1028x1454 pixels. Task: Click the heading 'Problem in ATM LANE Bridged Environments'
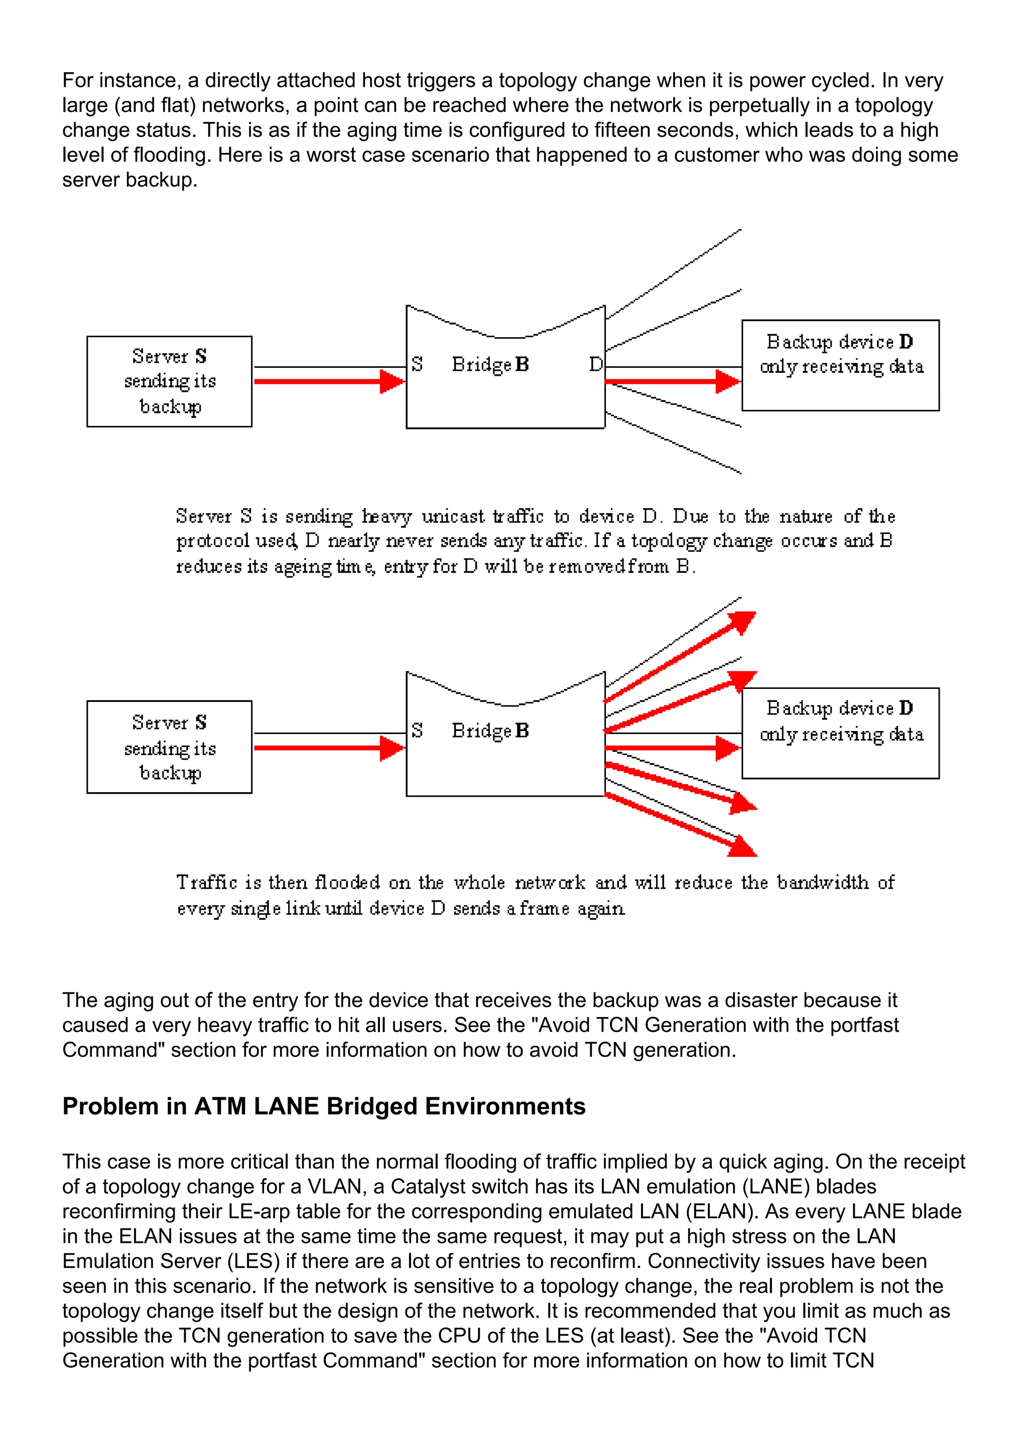click(324, 1106)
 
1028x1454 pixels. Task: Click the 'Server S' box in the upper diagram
click(169, 381)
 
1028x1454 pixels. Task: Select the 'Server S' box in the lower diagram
click(169, 747)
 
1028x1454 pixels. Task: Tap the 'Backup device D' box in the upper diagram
click(840, 365)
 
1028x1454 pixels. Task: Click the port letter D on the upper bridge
click(595, 364)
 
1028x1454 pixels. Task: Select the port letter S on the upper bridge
click(416, 364)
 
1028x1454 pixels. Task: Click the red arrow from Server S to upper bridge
click(329, 381)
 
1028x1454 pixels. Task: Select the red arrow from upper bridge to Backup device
click(672, 381)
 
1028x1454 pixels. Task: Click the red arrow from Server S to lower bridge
click(329, 748)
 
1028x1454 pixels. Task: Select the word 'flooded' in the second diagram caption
click(347, 882)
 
